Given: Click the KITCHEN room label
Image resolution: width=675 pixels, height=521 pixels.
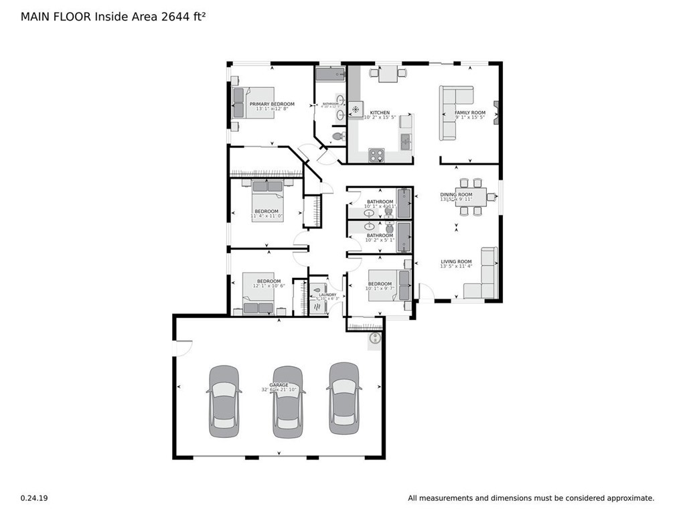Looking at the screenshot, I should coord(380,113).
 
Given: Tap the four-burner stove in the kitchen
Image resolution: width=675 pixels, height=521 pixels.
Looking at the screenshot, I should coord(377,155).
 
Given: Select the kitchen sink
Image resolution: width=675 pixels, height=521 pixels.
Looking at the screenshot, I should coord(406,142).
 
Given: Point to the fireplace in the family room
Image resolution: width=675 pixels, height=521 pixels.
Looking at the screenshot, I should coord(496,113).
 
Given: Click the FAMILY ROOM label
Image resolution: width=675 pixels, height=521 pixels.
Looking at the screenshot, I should coord(470,113).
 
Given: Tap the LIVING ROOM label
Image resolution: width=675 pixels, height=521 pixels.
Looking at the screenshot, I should coord(456,262).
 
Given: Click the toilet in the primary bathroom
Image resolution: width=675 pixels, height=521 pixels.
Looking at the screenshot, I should coord(338,136).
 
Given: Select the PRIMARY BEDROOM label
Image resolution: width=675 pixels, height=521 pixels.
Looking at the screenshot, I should coord(272,104).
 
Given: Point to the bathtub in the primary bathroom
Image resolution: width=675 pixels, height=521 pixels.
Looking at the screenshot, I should coord(329,74).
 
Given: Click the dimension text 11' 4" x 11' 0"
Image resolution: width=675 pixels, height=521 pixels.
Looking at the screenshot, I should coord(267,216).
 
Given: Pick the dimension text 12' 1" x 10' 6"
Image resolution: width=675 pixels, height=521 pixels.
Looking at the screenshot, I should coord(269,286).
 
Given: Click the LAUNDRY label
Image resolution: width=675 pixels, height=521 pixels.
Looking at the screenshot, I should coord(327,295).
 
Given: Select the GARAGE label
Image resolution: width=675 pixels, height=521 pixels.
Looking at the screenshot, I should coord(279,385).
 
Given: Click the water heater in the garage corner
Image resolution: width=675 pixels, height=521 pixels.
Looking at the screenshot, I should coord(374,340).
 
